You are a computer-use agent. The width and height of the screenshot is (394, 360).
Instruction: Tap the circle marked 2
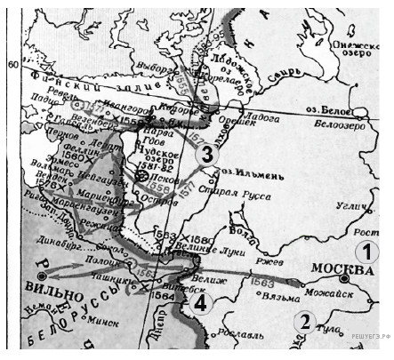click(305, 321)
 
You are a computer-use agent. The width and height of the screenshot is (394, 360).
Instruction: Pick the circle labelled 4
click(203, 303)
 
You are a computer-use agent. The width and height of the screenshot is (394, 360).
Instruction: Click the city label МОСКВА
click(341, 268)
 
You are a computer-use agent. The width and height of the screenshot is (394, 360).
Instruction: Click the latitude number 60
click(12, 64)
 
